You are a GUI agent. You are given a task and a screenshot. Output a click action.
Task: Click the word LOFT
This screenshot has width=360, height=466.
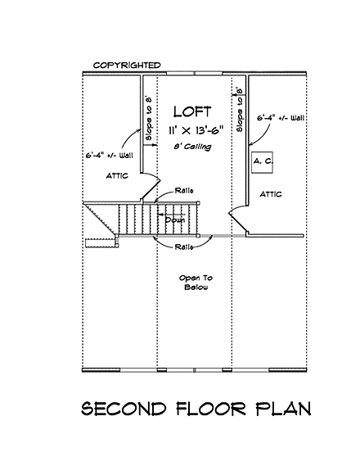pos(191,111)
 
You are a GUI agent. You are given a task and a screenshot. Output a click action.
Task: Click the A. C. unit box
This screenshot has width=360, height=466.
pos(263,162)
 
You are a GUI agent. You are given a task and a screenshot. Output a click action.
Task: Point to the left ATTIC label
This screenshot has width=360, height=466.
pos(116,176)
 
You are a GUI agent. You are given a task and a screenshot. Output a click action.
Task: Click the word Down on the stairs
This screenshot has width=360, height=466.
pos(175,219)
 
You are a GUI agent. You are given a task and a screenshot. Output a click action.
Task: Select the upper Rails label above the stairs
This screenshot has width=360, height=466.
pos(185,191)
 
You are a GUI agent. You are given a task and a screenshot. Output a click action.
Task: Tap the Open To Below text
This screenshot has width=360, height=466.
pos(195,283)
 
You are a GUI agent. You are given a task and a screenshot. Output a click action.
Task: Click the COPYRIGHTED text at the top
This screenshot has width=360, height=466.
pos(126,65)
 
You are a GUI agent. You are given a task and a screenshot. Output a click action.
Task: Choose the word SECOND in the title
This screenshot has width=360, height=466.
pos(123,408)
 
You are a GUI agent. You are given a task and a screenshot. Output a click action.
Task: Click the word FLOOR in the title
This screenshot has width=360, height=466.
pos(208,408)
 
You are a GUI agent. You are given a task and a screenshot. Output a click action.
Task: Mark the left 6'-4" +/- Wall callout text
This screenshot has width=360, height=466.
pos(109,153)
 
